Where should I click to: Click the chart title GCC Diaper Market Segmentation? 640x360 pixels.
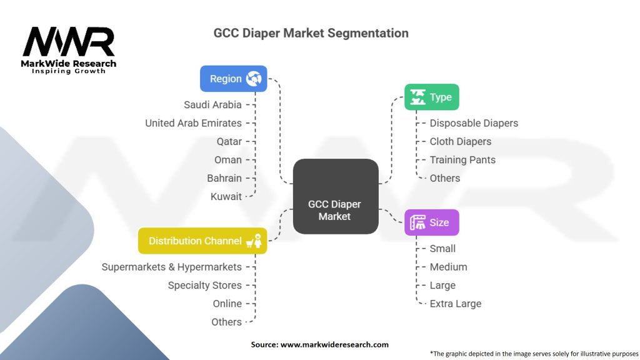pos(311,33)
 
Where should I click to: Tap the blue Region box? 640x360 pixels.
pos(233,79)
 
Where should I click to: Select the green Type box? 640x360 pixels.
pos(431,97)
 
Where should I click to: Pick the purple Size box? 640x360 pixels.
pos(431,222)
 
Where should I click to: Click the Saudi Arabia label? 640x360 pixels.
pos(212,105)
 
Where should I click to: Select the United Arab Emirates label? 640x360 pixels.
pos(193,123)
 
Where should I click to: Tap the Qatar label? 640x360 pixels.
pos(229,141)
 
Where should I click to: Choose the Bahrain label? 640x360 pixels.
pos(224,178)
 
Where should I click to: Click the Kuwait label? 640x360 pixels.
pos(226,196)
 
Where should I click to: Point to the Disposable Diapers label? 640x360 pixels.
pos(474,123)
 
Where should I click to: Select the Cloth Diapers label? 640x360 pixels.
pos(460,141)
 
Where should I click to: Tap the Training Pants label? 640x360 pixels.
pos(462,160)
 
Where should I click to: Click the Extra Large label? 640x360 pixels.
pos(455,304)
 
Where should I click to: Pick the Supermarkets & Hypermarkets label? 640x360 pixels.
pos(171,267)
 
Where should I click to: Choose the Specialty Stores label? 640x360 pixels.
pos(204,285)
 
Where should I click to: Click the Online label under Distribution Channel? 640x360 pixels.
pos(227,304)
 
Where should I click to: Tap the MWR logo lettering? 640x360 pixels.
pos(68,42)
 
